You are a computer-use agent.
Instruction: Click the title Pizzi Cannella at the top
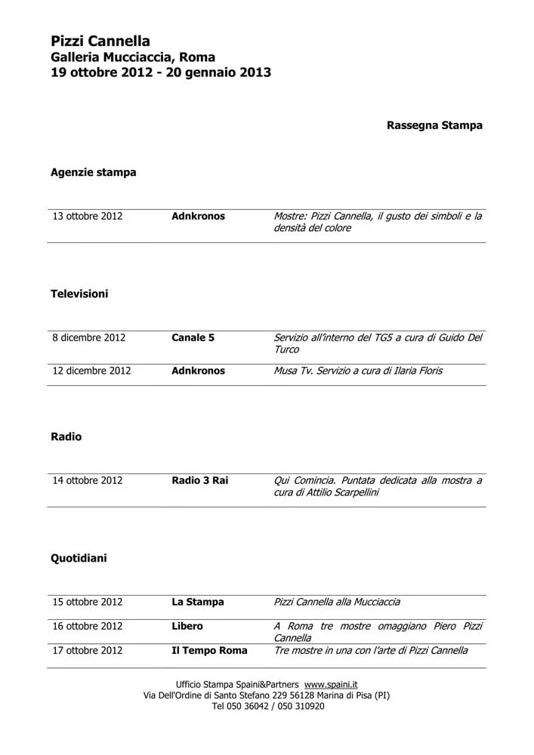pos(100,42)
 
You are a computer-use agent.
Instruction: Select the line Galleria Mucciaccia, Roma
pos(133,57)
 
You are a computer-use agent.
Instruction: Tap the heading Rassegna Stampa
pos(434,125)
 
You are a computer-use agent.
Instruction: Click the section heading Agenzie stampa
pos(94,172)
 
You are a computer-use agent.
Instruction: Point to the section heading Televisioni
pos(79,294)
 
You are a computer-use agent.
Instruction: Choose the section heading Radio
pos(66,436)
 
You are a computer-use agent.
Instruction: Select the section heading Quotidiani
pos(79,558)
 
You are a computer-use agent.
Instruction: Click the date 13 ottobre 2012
pos(87,216)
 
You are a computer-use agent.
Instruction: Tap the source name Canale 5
pos(193,337)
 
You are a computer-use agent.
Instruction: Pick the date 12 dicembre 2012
pos(91,371)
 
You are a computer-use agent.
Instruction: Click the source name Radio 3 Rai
pos(199,480)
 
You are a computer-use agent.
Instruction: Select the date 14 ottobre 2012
pos(87,480)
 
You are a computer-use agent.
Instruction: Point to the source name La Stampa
pos(198,602)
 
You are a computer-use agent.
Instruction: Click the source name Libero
pos(187,626)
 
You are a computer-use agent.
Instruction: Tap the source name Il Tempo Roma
pos(209,650)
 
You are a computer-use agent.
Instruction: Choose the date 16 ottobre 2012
pos(87,626)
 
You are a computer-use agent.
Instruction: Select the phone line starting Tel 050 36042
pos(267,706)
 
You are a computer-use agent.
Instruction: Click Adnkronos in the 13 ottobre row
pos(198,216)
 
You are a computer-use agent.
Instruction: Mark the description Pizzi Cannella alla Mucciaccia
pos(337,602)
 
